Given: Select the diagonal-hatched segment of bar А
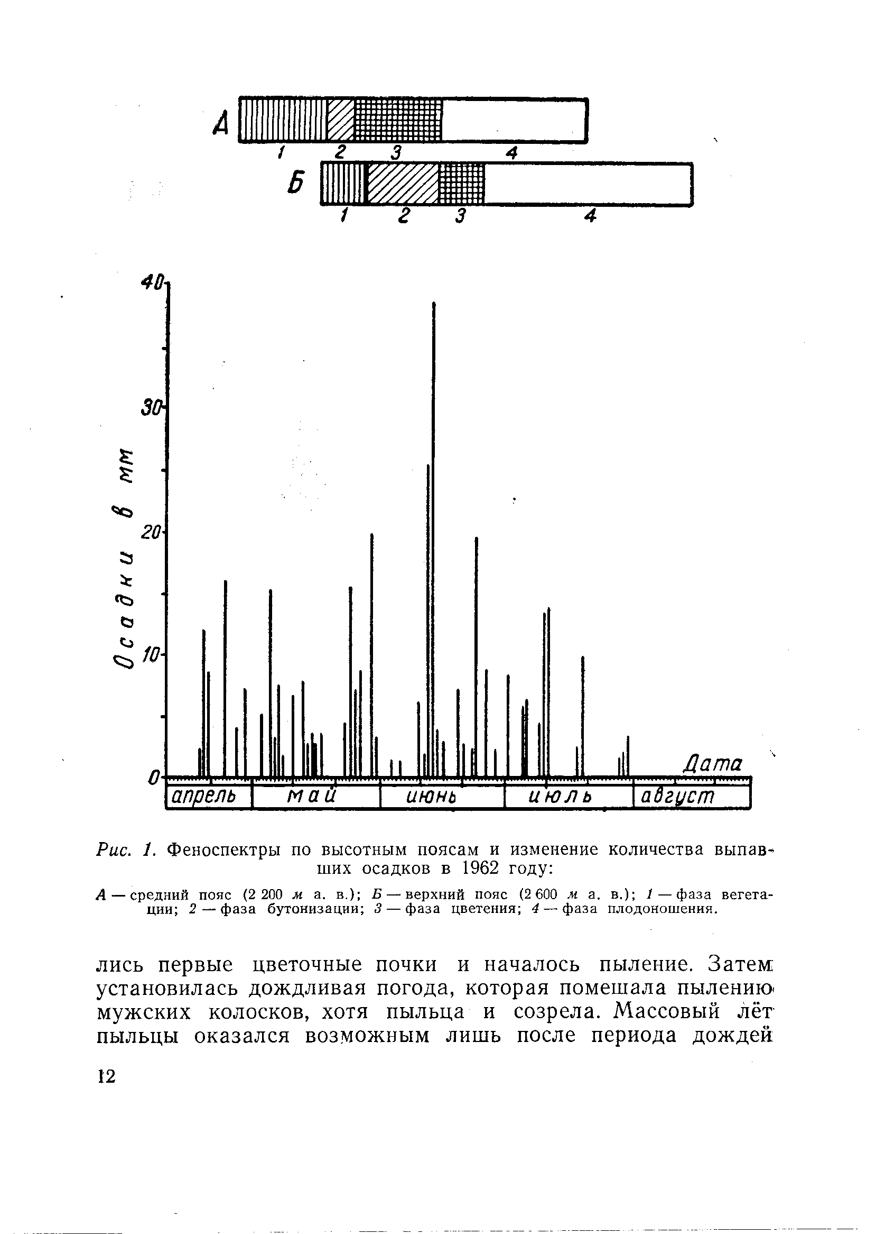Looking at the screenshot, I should [341, 120].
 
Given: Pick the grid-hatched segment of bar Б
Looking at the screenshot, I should [461, 184].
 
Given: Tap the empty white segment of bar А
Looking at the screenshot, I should [514, 120].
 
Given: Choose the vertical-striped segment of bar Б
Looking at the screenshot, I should [343, 184].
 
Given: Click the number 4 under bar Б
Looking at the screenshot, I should [590, 216].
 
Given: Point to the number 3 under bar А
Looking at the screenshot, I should [395, 153].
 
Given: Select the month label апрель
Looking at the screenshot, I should [203, 797].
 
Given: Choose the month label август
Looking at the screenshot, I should [677, 797].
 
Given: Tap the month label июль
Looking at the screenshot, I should [560, 798].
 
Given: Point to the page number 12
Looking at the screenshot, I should [107, 1076].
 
